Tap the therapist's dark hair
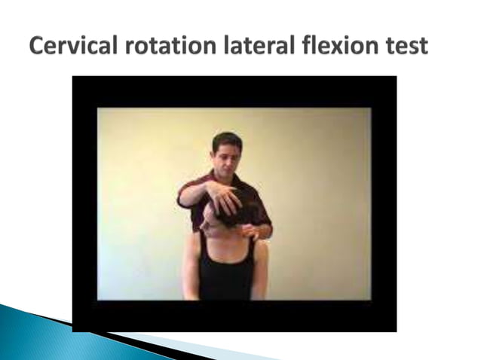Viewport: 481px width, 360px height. (227, 139)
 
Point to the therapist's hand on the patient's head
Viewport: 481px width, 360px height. (225, 199)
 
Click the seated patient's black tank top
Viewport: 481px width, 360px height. (226, 279)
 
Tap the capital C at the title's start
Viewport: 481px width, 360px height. (38, 47)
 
